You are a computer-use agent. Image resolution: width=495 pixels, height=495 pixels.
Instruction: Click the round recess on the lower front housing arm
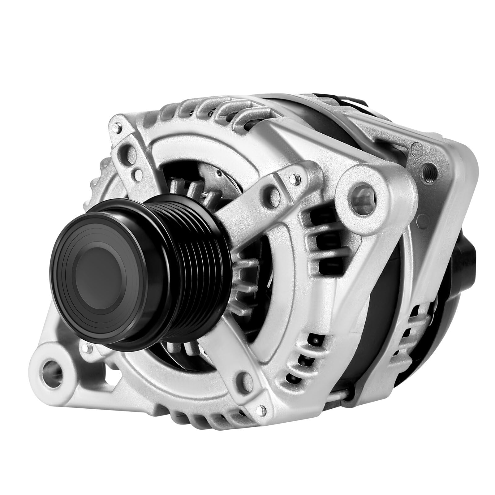click(244, 379)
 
